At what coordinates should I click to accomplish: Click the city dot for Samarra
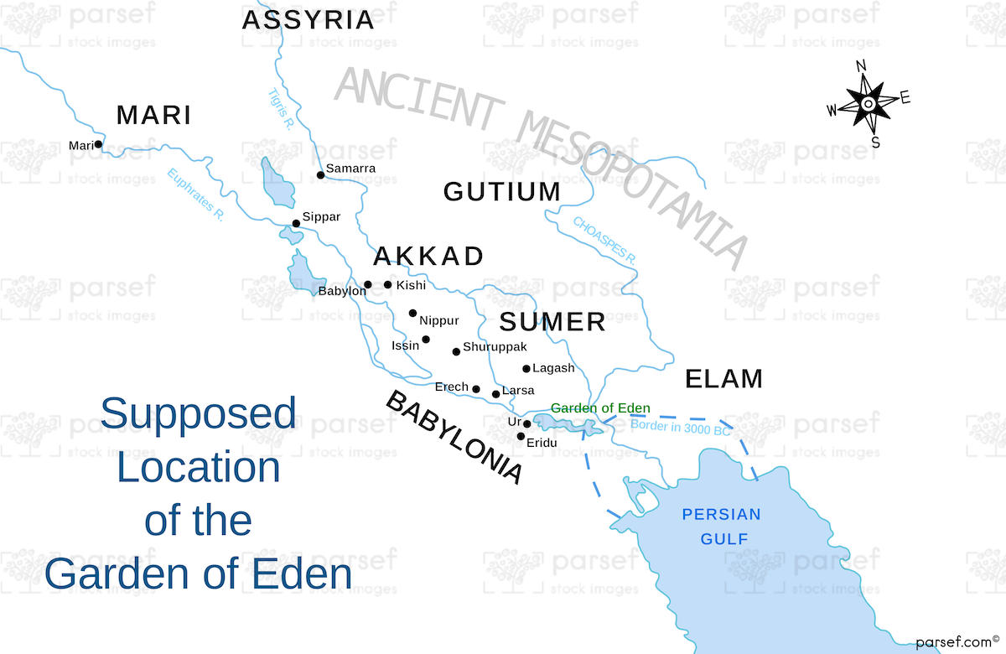[x=320, y=175]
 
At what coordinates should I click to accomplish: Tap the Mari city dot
[x=98, y=144]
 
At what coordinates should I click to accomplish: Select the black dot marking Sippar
[x=296, y=223]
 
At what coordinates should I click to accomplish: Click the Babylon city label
[x=341, y=292]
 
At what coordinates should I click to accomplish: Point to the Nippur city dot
[x=412, y=314]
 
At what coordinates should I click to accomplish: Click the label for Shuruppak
[x=495, y=346]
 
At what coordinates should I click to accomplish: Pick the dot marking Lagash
[x=526, y=368]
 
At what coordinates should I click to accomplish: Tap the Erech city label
[x=451, y=387]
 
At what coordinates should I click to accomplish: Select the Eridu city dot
[x=521, y=436]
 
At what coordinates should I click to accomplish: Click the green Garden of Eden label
[x=600, y=409]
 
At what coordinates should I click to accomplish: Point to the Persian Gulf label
[x=721, y=527]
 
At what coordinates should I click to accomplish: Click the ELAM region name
[x=723, y=379]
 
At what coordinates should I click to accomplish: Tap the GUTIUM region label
[x=501, y=192]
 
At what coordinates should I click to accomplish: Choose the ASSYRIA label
[x=308, y=20]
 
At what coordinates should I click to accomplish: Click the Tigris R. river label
[x=279, y=109]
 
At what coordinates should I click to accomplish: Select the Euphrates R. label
[x=195, y=195]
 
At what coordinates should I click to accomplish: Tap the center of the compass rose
[x=869, y=103]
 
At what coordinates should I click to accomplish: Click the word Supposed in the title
[x=198, y=413]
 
